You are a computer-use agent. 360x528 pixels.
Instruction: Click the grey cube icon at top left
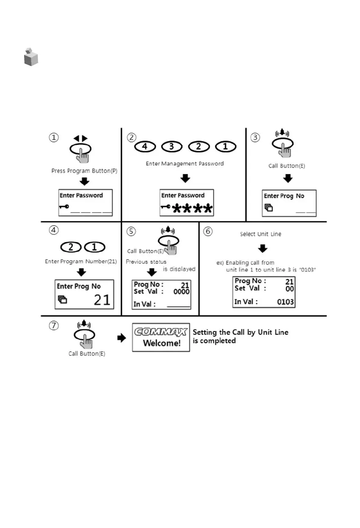pos(30,57)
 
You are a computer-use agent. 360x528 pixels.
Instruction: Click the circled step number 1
pos(54,138)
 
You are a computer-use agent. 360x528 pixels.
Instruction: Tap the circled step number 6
pos(208,232)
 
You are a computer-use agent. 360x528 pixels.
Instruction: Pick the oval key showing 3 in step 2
pos(172,147)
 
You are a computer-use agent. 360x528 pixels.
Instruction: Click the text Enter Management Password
pos(185,163)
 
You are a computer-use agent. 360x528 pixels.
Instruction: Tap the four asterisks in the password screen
pos(192,207)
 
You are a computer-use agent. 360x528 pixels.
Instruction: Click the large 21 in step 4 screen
pos(102,300)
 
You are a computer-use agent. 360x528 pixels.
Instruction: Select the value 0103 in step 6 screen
pos(285,302)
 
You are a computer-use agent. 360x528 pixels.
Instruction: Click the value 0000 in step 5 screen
pos(181,292)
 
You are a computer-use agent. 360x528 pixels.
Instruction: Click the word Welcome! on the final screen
pos(161,343)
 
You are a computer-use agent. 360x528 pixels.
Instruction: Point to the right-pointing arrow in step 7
pos(122,338)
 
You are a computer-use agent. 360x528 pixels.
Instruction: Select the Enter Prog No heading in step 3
pos(284,196)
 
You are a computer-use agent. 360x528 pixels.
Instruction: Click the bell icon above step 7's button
pos(83,325)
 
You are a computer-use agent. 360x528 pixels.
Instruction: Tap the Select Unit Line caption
pos(260,234)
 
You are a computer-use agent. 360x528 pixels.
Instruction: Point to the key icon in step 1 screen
pos(64,207)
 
